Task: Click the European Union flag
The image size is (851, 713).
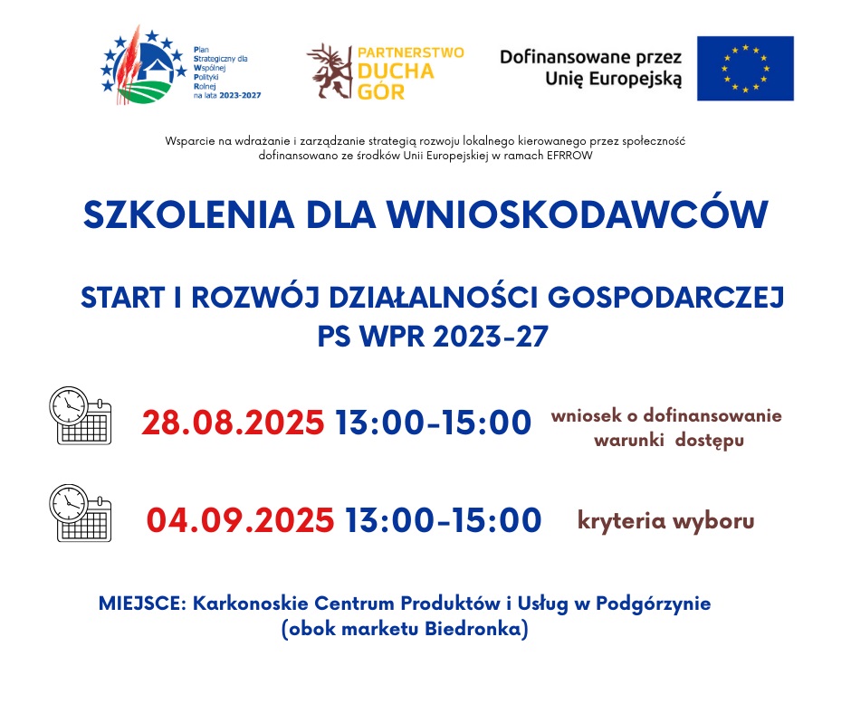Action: tap(745, 69)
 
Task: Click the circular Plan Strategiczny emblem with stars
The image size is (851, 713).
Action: tap(143, 65)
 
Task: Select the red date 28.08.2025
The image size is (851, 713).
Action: tap(233, 423)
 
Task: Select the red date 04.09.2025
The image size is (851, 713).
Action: tap(240, 520)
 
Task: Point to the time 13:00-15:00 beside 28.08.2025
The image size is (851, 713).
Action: tap(433, 423)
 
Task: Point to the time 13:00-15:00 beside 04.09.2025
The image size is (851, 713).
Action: tap(444, 520)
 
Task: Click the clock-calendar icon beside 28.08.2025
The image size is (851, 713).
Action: tap(81, 415)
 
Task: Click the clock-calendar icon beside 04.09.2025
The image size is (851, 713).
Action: tap(81, 513)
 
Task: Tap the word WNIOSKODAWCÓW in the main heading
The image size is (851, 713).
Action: tap(578, 214)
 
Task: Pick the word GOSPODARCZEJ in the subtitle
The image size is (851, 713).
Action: tap(666, 298)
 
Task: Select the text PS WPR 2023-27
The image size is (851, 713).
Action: tap(433, 337)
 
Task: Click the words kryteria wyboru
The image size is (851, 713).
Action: tap(666, 521)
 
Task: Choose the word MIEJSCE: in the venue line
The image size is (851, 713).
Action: tap(143, 604)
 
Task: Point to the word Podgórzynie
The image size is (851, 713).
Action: tap(654, 604)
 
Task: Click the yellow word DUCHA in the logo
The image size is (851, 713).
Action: tap(397, 71)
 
